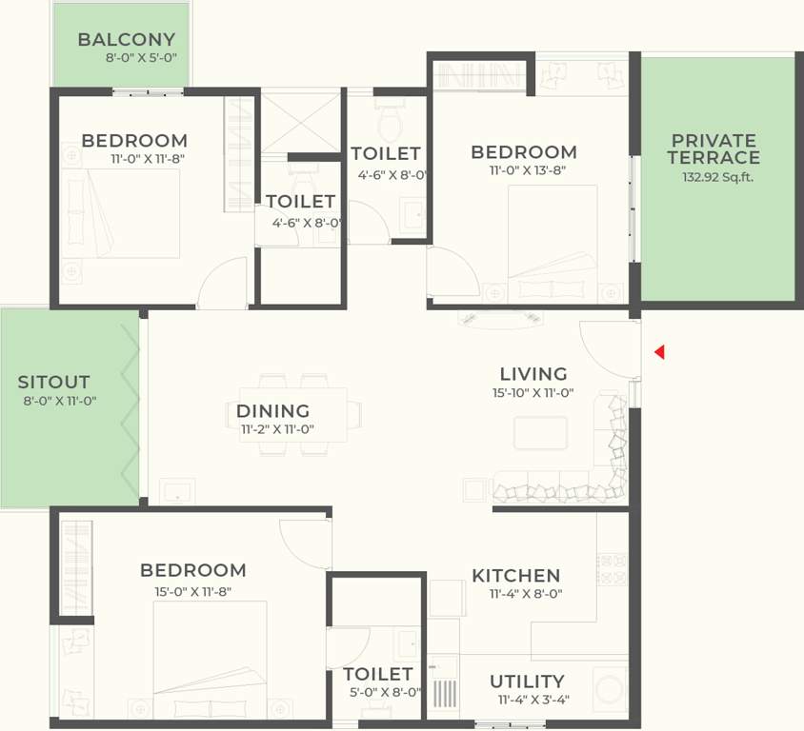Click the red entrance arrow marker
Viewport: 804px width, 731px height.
[x=659, y=353]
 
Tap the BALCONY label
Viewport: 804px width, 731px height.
[x=127, y=40]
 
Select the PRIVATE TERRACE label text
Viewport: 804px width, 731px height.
[x=714, y=149]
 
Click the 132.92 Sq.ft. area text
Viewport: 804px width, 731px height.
[x=717, y=177]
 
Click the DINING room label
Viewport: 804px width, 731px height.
[x=273, y=411]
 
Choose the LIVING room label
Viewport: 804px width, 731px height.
[x=533, y=374]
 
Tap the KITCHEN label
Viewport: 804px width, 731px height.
[x=515, y=576]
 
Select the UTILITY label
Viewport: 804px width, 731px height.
[x=527, y=682]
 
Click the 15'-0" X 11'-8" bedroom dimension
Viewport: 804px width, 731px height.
[x=192, y=590]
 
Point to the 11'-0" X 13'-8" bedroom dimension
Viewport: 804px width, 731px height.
[x=524, y=171]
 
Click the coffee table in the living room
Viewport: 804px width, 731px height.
[x=540, y=432]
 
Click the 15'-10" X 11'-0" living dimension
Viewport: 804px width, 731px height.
[x=533, y=392]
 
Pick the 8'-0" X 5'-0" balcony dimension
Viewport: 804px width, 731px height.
[x=141, y=58]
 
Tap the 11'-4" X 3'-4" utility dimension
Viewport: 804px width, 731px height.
[x=533, y=700]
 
